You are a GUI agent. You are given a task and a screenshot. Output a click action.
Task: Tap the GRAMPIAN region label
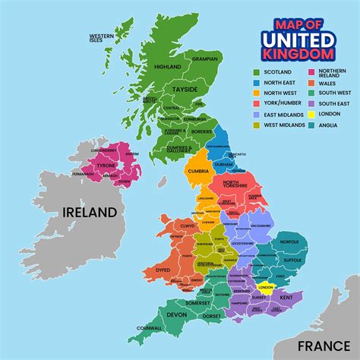coord(204,58)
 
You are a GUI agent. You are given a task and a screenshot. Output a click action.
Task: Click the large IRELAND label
coord(90,212)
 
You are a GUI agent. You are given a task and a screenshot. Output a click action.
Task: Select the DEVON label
coord(175,313)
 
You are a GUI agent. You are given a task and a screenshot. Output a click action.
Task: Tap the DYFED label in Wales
coord(163,269)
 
